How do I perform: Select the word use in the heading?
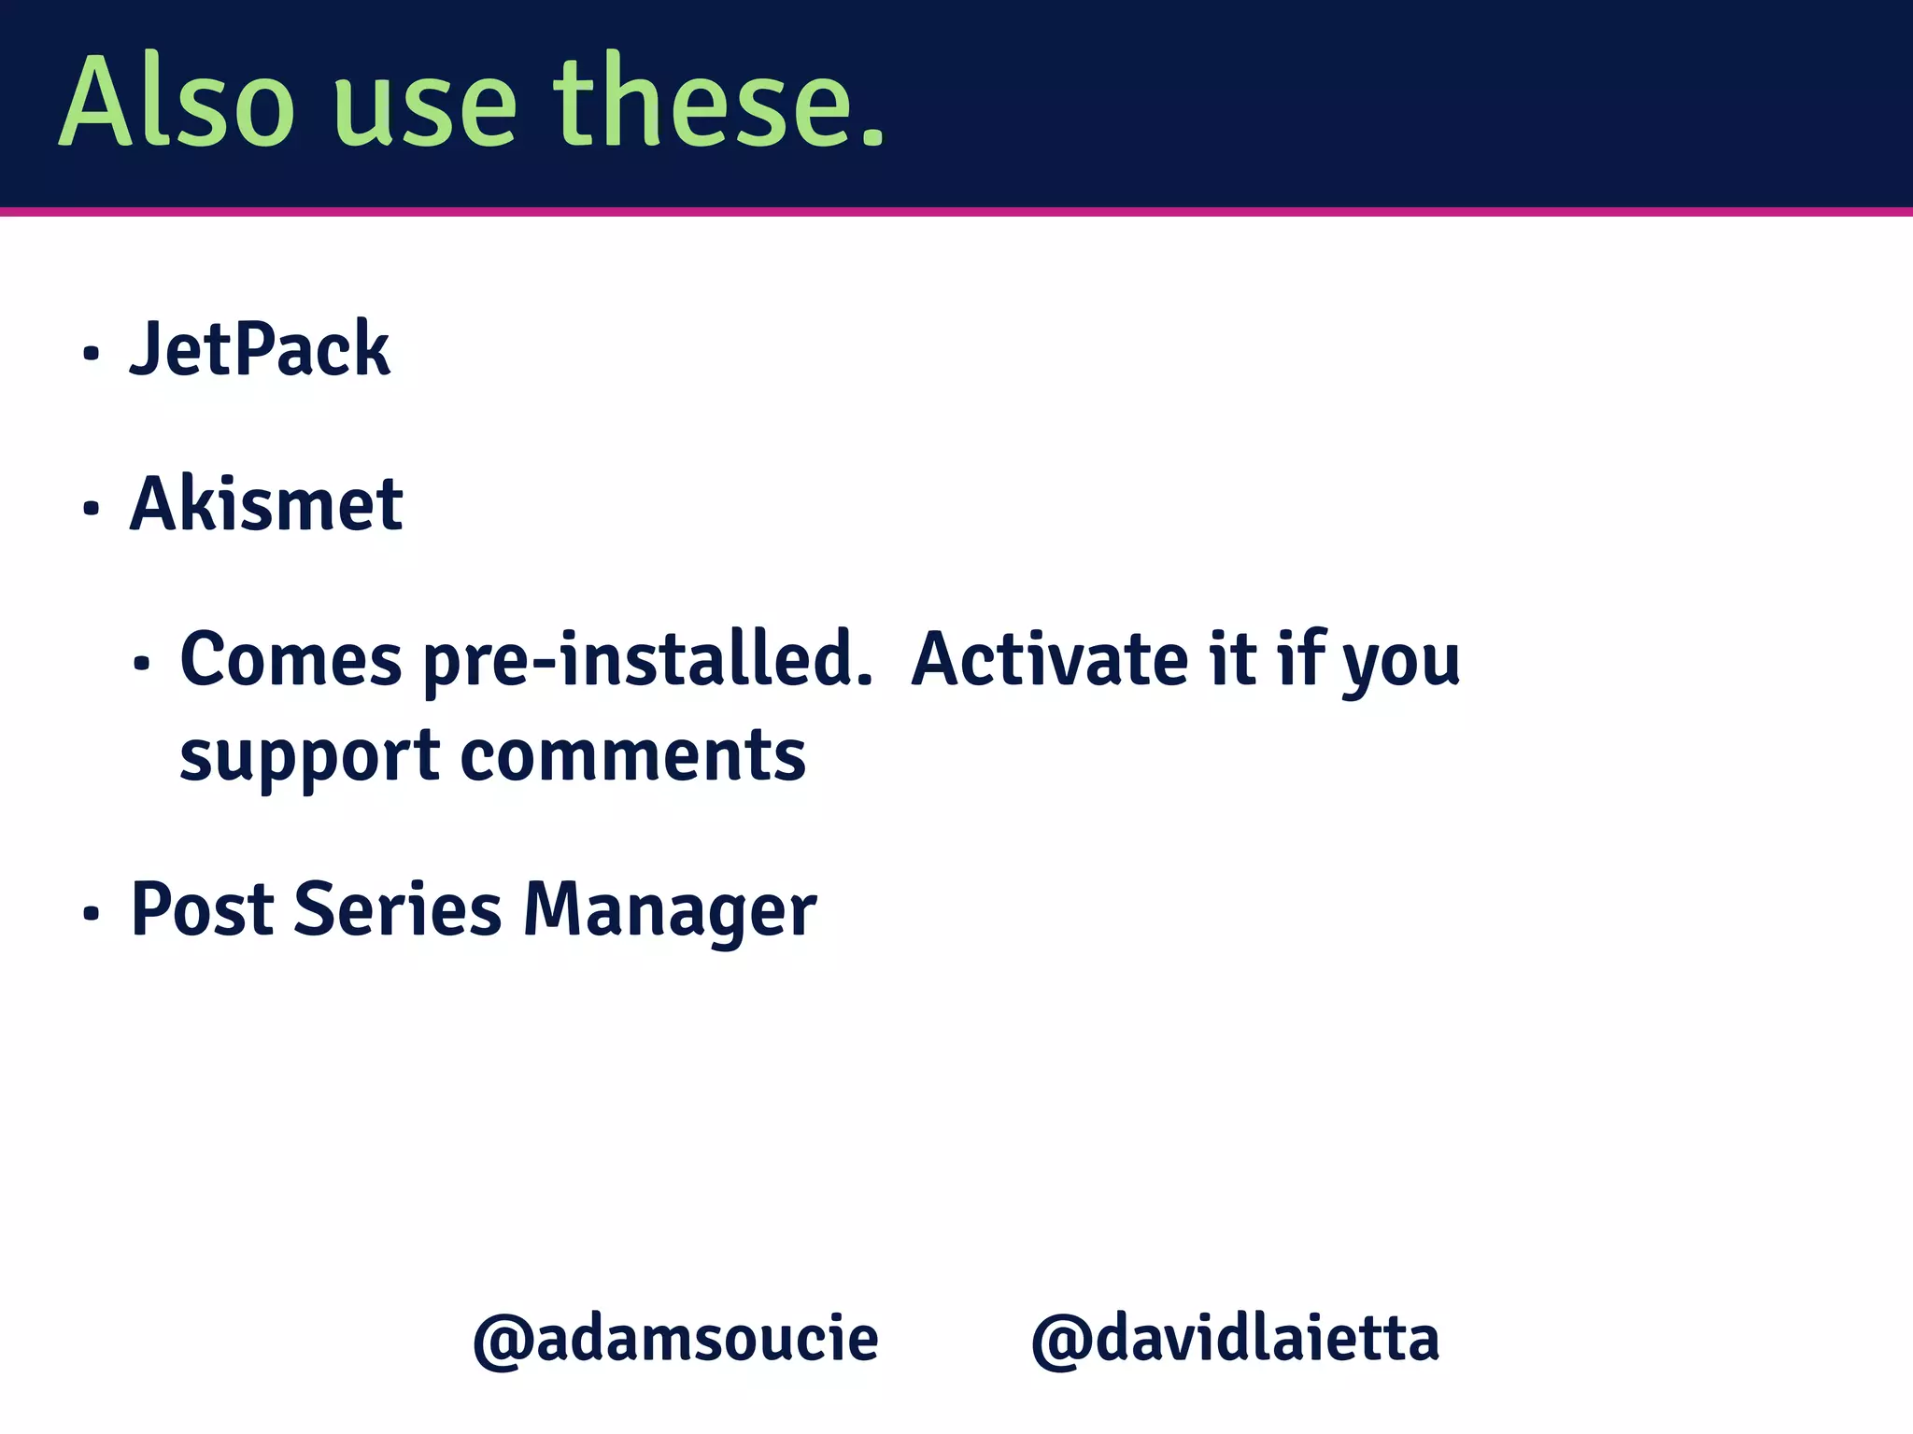(x=425, y=107)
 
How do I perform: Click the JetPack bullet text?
(x=260, y=349)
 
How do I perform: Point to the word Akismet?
(x=266, y=504)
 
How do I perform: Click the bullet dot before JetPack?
(x=91, y=354)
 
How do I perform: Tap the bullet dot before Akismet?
(x=91, y=509)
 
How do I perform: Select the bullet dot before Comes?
(x=141, y=664)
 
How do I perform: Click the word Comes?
(x=290, y=659)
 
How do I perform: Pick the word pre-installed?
(x=647, y=659)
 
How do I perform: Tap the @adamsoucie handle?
(x=675, y=1340)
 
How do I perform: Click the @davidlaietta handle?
(x=1235, y=1340)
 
